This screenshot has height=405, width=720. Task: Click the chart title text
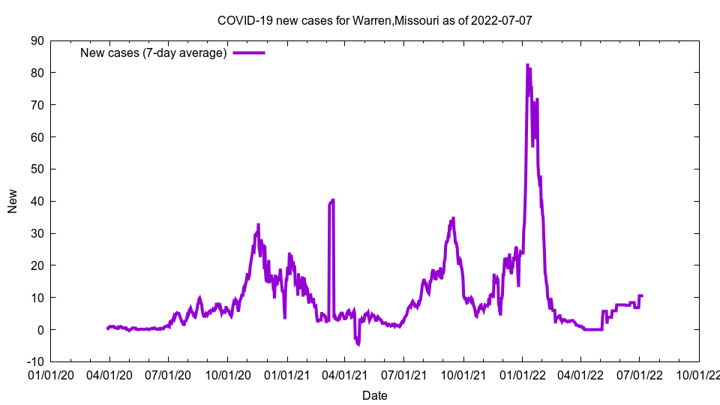[x=374, y=20]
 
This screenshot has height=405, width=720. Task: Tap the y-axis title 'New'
[x=13, y=201]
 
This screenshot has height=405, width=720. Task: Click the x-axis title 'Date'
[x=374, y=395]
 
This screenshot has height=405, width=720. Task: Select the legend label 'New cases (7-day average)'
[x=154, y=52]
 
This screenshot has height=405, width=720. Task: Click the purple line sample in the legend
[x=249, y=52]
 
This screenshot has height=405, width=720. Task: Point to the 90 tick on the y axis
[x=37, y=40]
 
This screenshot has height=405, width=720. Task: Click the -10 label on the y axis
[x=34, y=361]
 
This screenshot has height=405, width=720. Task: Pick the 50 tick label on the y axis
[x=37, y=169]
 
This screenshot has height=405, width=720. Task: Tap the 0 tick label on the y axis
[x=40, y=329]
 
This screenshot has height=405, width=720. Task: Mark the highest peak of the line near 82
[x=527, y=65]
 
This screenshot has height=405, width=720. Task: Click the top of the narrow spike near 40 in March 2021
[x=333, y=199]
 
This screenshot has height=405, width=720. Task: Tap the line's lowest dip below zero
[x=358, y=344]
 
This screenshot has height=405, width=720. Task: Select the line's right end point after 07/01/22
[x=642, y=295]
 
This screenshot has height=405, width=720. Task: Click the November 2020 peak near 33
[x=258, y=224]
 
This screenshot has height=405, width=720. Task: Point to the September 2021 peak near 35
[x=453, y=218]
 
